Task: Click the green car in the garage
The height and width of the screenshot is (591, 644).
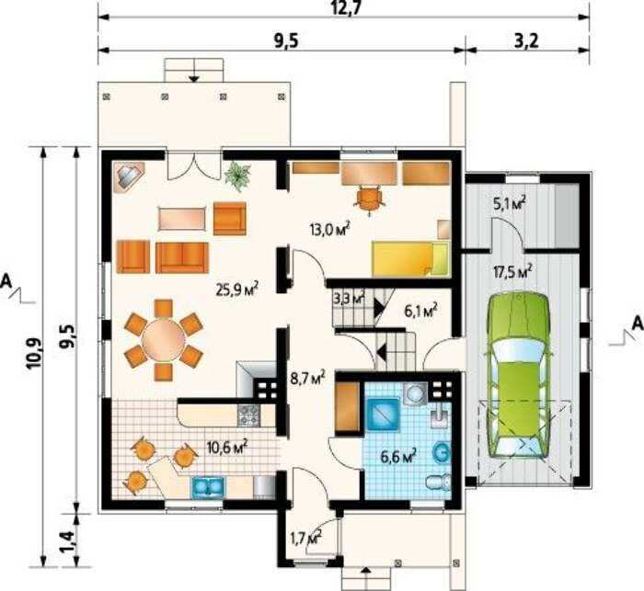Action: point(518,375)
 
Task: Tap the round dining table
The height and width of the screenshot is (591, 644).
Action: point(164,339)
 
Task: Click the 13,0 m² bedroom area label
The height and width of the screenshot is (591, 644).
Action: point(329,228)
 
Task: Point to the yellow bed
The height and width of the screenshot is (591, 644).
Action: point(410,258)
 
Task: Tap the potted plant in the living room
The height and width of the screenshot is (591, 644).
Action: point(237,176)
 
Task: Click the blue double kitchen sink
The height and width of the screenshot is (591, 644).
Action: point(208,487)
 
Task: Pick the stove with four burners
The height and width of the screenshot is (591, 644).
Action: point(249,415)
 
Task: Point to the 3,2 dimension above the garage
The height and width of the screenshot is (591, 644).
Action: point(526,41)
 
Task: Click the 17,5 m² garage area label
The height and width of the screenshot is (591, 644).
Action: point(512,271)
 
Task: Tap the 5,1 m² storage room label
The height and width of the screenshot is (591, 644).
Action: point(510,203)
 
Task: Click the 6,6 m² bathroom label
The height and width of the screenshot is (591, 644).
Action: point(398,456)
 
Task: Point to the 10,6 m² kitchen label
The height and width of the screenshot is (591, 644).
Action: point(227,447)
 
